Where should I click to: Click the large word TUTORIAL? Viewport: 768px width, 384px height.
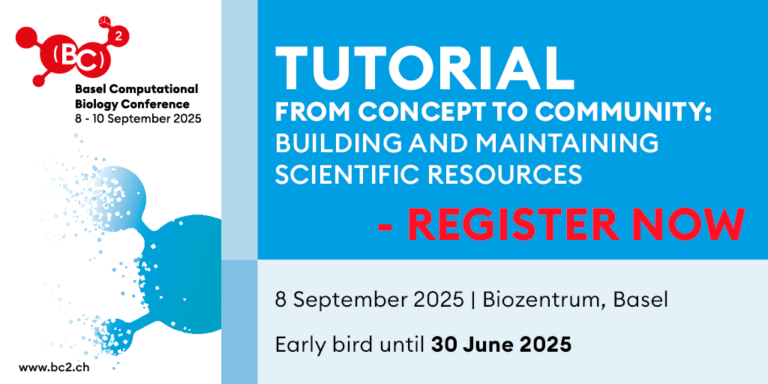[x=424, y=67]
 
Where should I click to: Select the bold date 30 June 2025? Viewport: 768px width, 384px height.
[x=501, y=345]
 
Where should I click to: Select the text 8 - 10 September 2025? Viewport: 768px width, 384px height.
[x=138, y=119]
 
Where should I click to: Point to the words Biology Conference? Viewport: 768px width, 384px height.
[x=132, y=104]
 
